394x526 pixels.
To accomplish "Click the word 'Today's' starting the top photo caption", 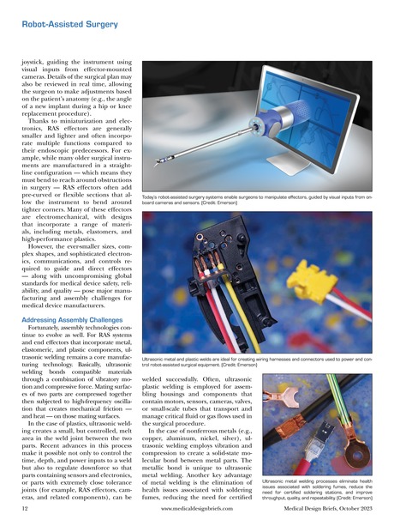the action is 156,196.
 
